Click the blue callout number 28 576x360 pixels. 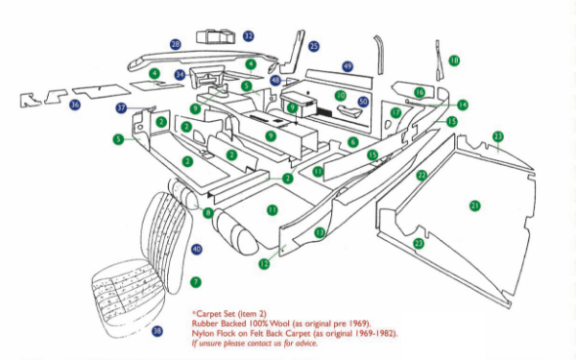(175, 44)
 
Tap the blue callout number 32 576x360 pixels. (249, 36)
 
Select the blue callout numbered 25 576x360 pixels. (314, 46)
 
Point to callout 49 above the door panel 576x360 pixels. (348, 66)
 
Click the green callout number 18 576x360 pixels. (454, 60)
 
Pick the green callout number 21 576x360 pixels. (474, 205)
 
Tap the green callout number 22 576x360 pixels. (421, 176)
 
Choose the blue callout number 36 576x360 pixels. (75, 104)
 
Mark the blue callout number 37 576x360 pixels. (121, 108)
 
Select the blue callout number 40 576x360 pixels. (197, 249)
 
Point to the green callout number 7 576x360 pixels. (195, 281)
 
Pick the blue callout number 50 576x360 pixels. (363, 101)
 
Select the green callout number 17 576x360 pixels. (396, 112)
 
